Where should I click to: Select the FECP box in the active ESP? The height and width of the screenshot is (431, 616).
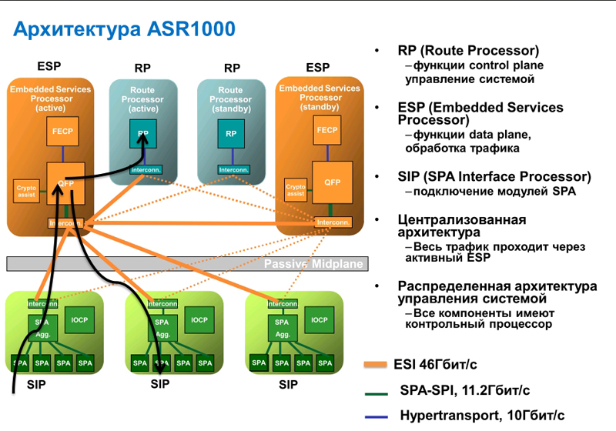coord(62,132)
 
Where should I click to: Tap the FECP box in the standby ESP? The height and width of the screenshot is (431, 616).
coord(326,131)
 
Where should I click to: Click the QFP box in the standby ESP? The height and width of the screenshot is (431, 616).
coord(332,182)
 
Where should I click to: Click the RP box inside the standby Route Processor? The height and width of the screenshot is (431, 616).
coord(230,135)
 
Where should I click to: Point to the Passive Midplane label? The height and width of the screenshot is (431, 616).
coord(313,264)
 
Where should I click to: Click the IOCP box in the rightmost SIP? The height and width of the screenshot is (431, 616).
coord(319,320)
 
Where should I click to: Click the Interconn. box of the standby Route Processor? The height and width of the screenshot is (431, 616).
coord(231,169)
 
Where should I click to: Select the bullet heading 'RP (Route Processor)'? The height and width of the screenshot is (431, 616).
coord(468,51)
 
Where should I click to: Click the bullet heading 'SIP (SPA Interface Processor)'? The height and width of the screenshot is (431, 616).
coord(494,176)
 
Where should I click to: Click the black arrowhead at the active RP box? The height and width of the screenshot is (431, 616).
coord(143,135)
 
